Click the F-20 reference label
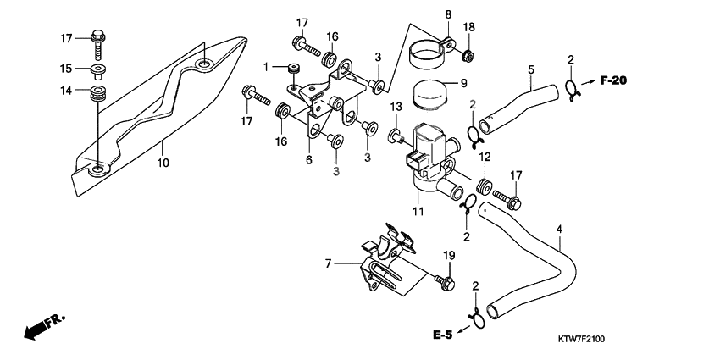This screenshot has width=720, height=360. pos(613,81)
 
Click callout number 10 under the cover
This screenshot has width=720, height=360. pos(163,158)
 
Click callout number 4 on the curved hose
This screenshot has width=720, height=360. pos(559,229)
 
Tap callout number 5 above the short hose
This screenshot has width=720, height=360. pos(530,69)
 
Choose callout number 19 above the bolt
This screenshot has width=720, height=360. pos(449,256)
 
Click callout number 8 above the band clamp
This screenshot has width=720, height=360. pos(448,14)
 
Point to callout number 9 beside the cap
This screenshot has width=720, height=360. pos(463,83)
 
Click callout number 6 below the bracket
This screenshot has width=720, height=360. pos(309,158)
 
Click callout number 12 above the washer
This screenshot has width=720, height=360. pos(485,158)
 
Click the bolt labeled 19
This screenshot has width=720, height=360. pos(446,280)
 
